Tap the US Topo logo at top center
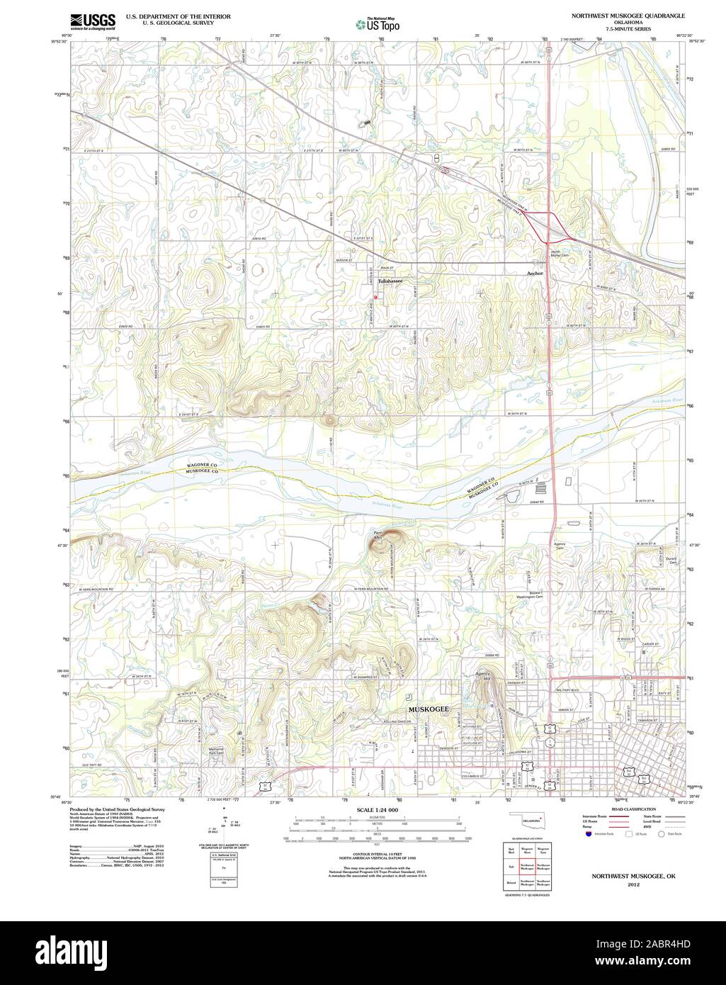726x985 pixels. click(x=378, y=23)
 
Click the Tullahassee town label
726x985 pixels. click(x=390, y=281)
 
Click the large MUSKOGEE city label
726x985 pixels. click(x=428, y=709)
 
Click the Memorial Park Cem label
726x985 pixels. click(x=216, y=750)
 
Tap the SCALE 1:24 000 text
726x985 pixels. click(x=378, y=809)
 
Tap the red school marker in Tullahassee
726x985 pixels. click(x=375, y=297)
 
